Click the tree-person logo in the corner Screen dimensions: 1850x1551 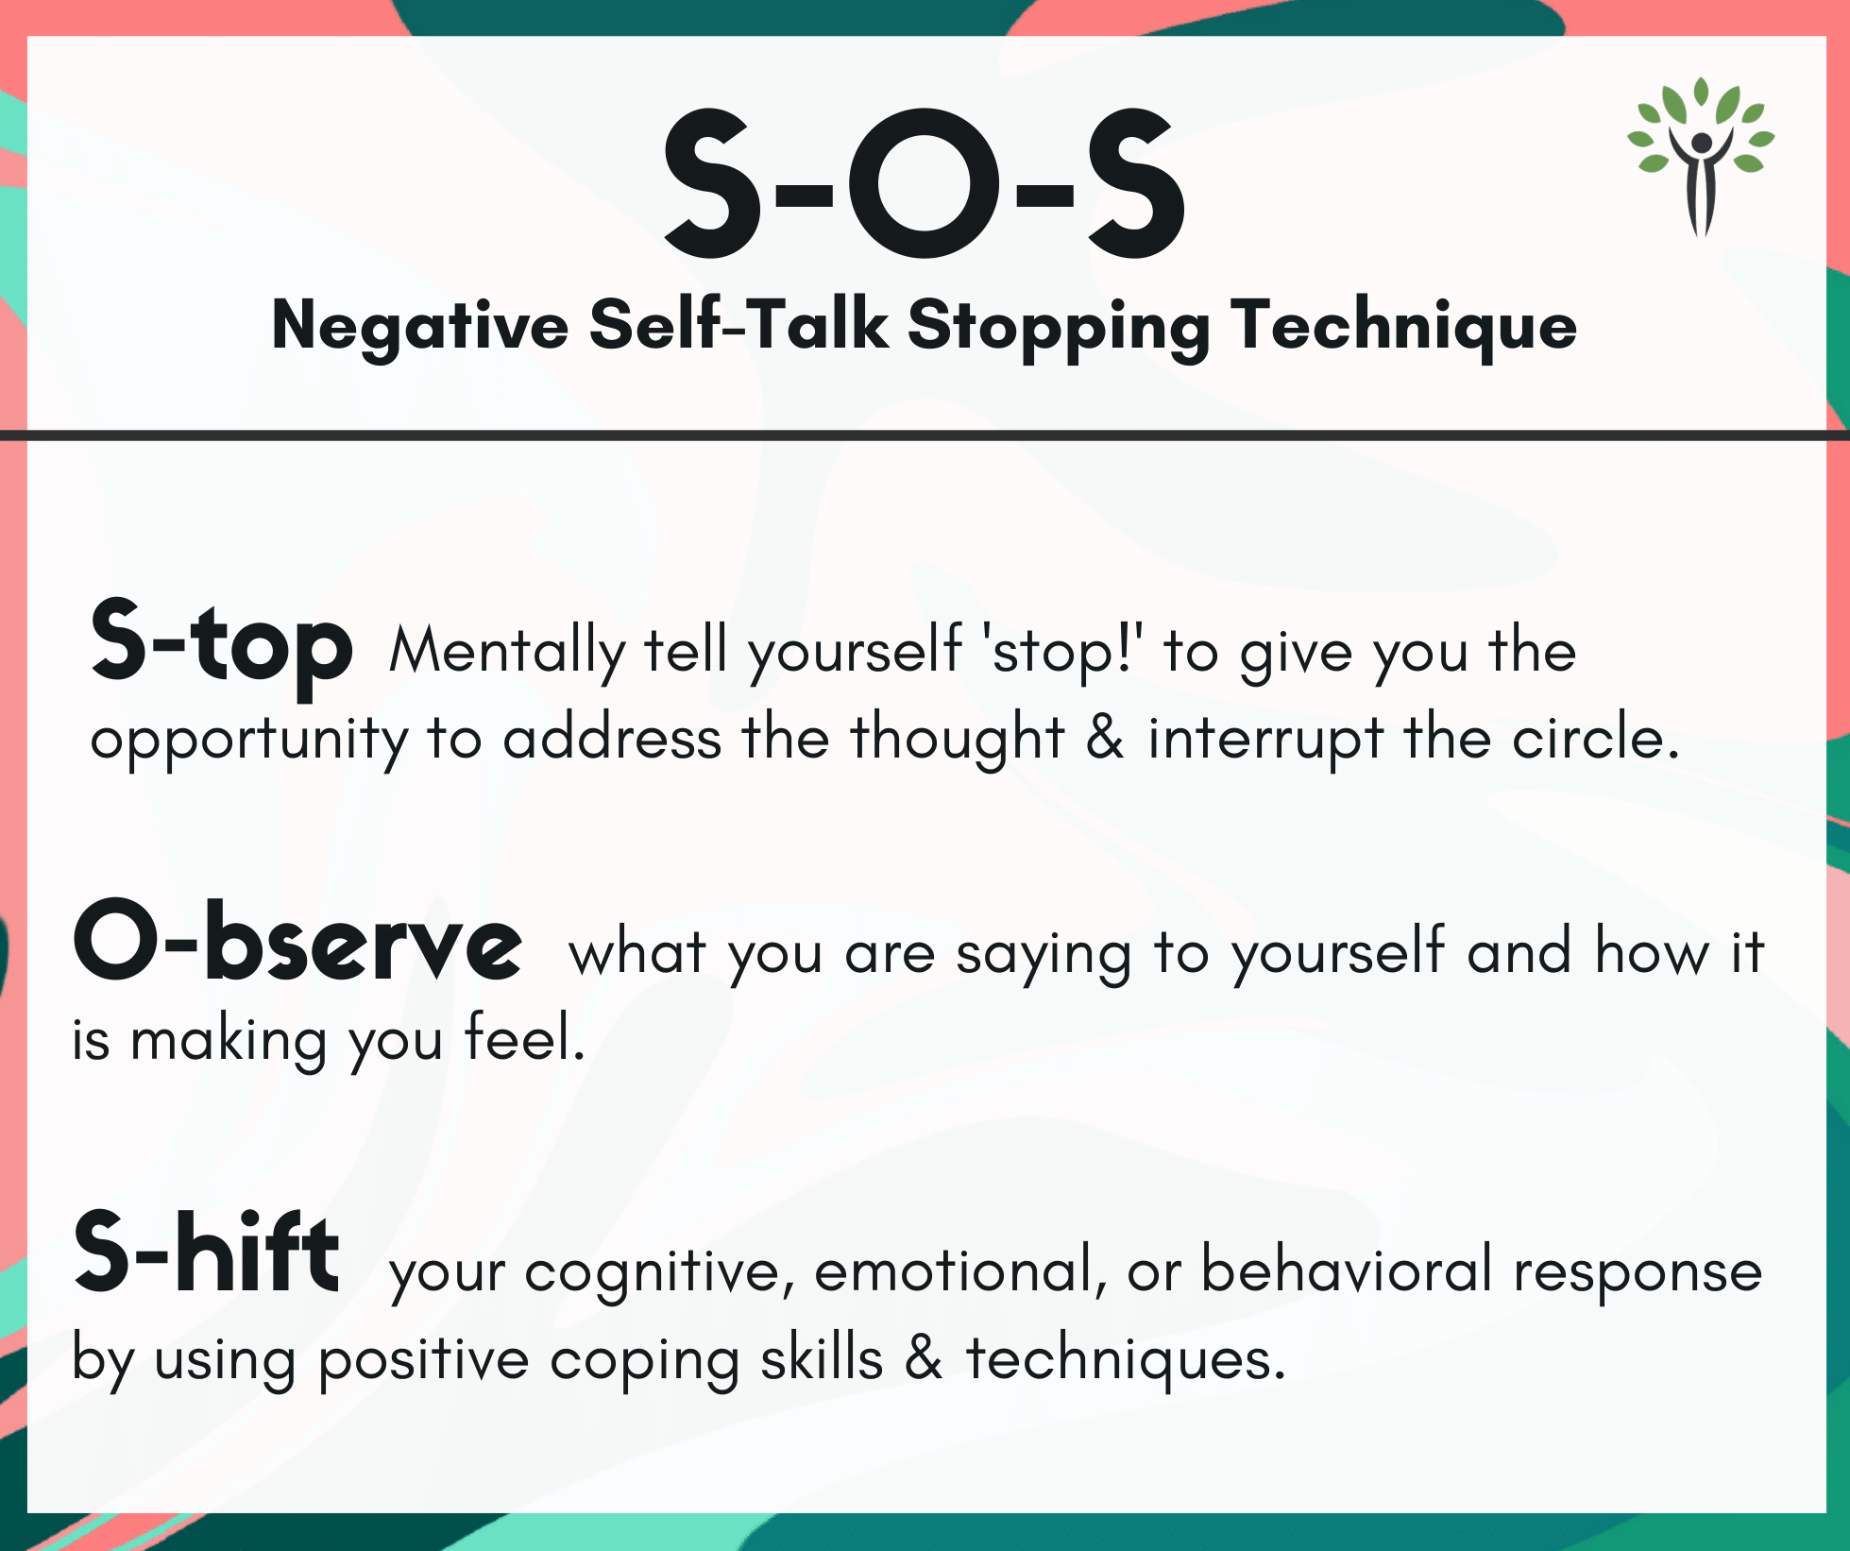pos(1701,157)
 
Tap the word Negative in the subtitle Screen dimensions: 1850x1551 pos(420,326)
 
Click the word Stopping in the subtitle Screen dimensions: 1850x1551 pos(1059,326)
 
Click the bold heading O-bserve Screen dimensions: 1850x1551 pos(297,939)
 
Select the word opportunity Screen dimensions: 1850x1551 pos(249,740)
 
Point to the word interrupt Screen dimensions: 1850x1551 pos(1265,740)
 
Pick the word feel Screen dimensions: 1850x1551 pos(525,1038)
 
